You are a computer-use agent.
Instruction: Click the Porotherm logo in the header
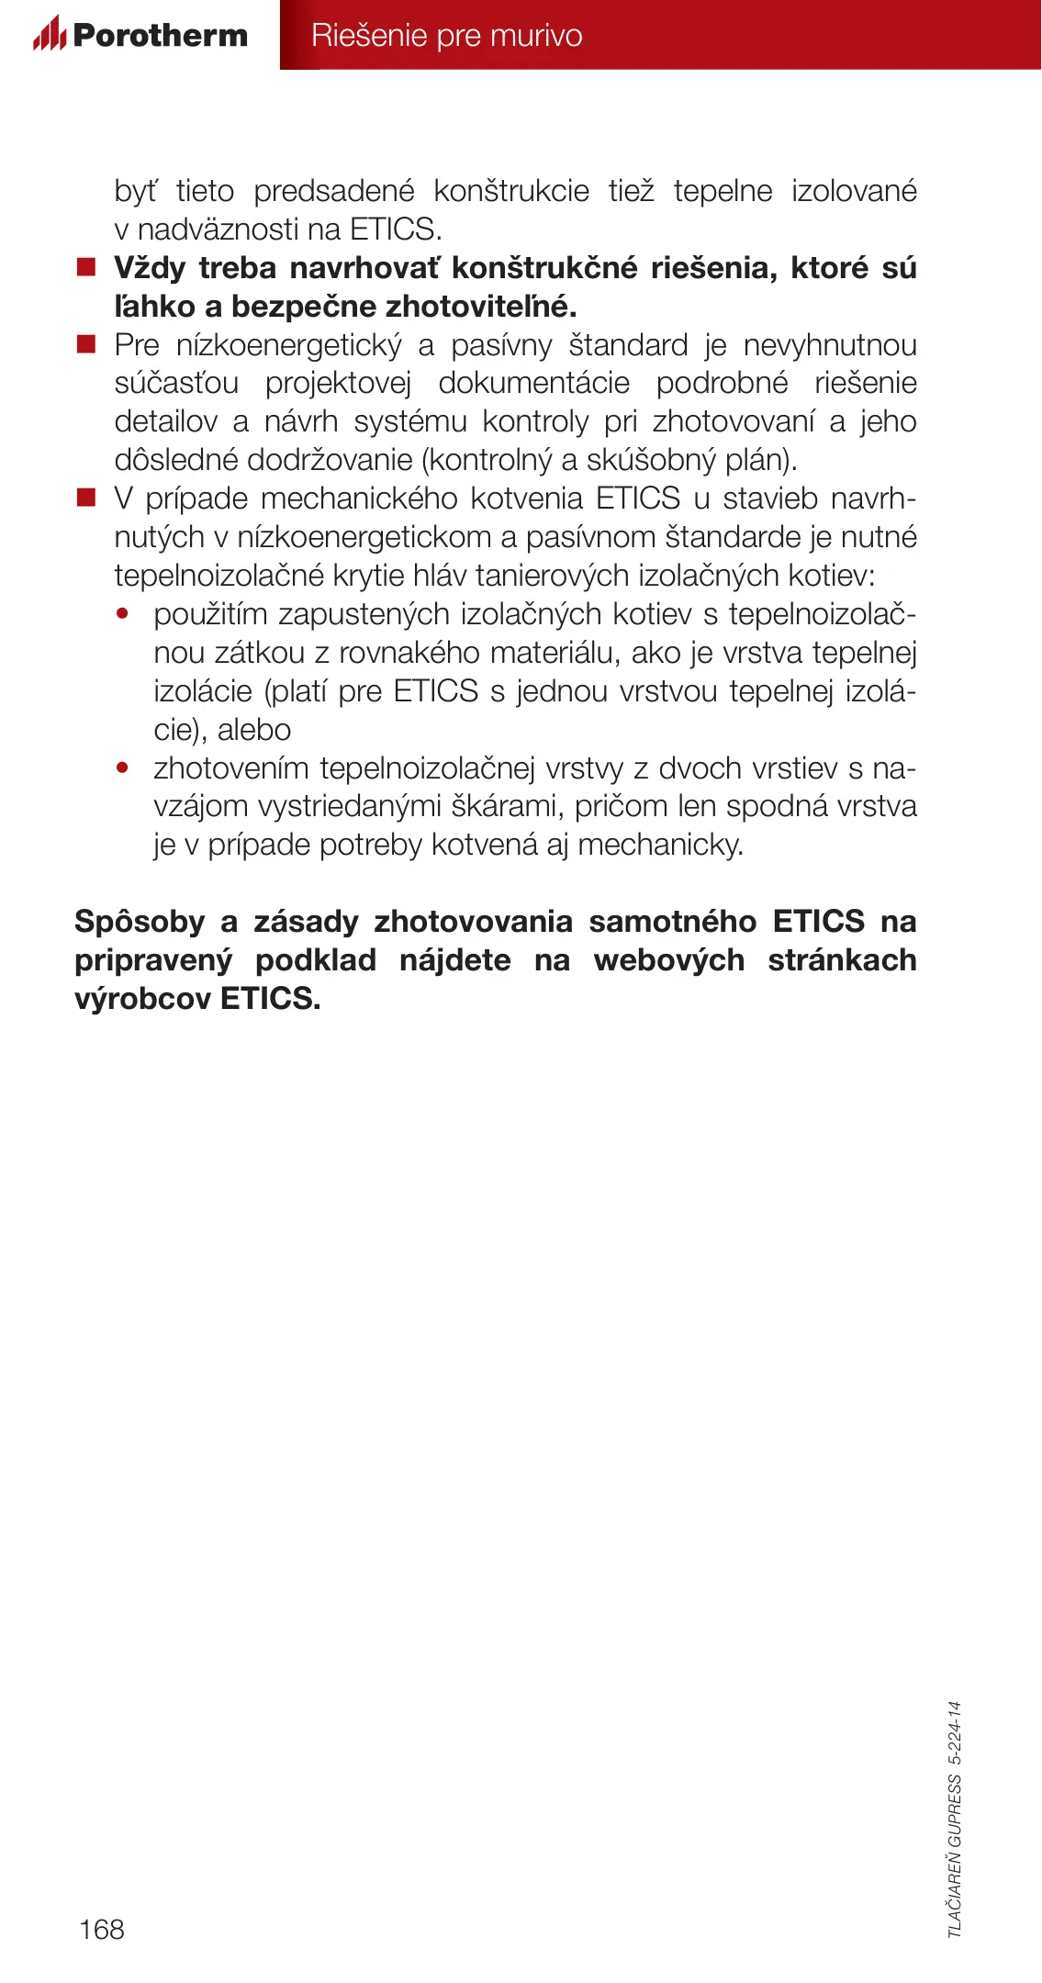[140, 35]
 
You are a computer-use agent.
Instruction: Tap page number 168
[102, 1929]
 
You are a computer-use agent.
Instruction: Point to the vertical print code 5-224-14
[955, 1732]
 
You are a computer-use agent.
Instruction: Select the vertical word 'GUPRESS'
[955, 1810]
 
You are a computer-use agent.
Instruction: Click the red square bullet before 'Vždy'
[86, 268]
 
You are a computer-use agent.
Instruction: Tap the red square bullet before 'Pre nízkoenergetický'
[86, 345]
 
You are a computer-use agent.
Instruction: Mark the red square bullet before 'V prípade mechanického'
[86, 499]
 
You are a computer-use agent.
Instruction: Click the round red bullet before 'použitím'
[122, 613]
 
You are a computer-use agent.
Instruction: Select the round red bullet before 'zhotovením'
[122, 767]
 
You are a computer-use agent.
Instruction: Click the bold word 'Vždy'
[150, 268]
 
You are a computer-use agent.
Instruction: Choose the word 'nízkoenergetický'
[289, 345]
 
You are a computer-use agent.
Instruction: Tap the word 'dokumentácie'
[533, 384]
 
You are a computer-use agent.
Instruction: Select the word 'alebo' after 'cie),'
[254, 730]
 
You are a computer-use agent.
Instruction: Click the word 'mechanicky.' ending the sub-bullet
[661, 845]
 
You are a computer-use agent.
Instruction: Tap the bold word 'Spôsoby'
[140, 922]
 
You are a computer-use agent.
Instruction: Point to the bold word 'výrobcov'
[143, 999]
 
